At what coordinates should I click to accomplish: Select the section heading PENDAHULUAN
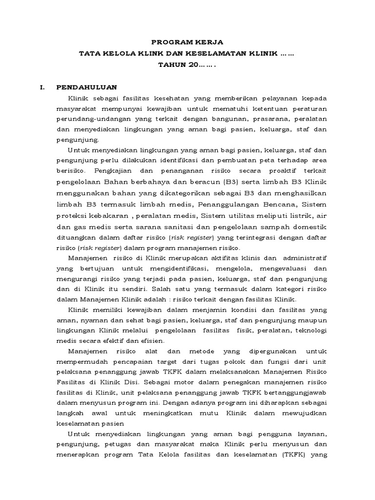pos(86,87)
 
